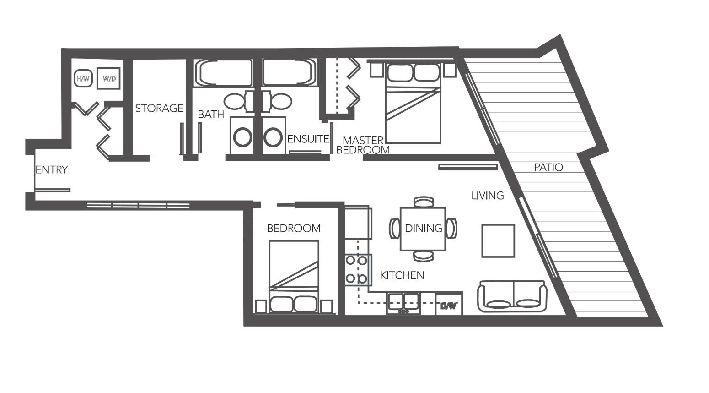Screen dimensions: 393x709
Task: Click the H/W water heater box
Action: (x=83, y=79)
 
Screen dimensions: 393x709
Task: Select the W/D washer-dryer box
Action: (x=109, y=79)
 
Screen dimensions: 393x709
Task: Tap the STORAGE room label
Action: (x=159, y=109)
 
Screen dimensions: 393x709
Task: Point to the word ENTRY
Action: (x=52, y=170)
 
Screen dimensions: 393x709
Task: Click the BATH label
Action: (x=211, y=115)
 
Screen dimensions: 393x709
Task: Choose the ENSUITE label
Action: (x=308, y=139)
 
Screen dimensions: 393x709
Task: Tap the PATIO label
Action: (x=548, y=168)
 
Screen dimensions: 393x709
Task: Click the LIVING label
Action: (x=488, y=196)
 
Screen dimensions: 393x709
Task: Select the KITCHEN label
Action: (x=402, y=275)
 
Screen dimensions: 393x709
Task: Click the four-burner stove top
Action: (x=357, y=269)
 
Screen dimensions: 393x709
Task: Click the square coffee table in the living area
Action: (x=498, y=240)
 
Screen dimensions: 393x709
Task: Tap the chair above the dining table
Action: (x=423, y=202)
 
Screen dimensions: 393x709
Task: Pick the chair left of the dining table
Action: (x=394, y=228)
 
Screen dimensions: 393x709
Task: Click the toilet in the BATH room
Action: (x=236, y=102)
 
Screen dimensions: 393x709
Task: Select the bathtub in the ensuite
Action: (x=289, y=72)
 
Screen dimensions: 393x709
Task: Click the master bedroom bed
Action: (x=414, y=103)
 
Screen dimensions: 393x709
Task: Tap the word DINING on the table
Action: (x=424, y=228)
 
